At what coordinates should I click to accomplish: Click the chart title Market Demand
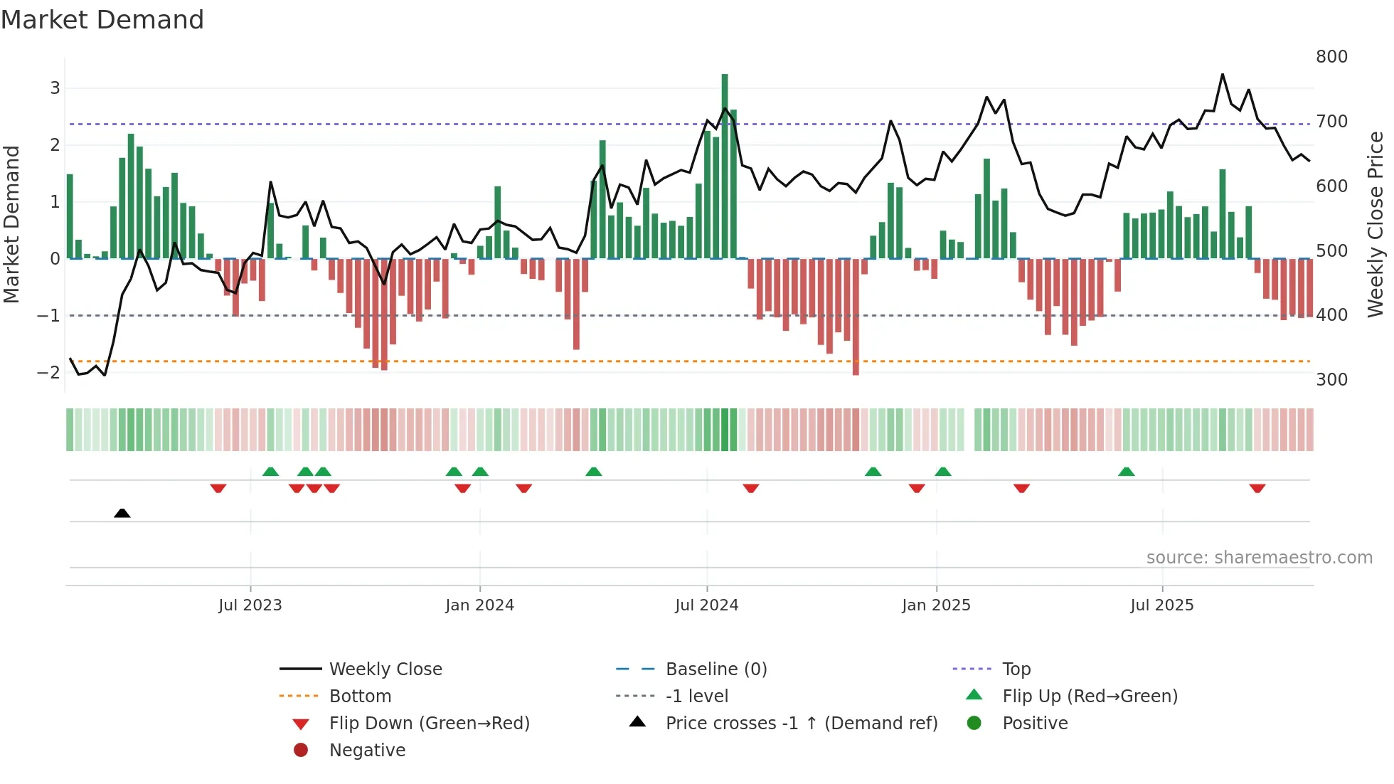pos(102,20)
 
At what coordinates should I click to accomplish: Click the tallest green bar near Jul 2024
pos(725,166)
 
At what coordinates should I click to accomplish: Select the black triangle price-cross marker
pos(122,513)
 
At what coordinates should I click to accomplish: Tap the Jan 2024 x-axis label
pos(479,605)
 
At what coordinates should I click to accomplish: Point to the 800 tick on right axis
pos(1331,57)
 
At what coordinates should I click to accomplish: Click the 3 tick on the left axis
pos(55,88)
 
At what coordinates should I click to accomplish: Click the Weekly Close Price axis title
pos(1376,224)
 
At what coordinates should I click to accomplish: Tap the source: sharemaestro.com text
pos(1259,558)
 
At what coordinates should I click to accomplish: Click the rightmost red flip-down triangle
pos(1257,488)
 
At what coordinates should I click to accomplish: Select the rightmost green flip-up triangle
pos(1126,472)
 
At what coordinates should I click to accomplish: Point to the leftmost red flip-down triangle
pos(218,488)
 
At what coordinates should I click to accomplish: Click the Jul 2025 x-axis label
pos(1161,605)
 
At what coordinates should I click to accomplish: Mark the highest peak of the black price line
pos(1223,74)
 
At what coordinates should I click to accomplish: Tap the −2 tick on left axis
pos(48,373)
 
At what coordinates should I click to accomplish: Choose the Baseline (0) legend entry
pos(715,669)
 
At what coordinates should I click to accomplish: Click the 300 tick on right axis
pos(1331,380)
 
